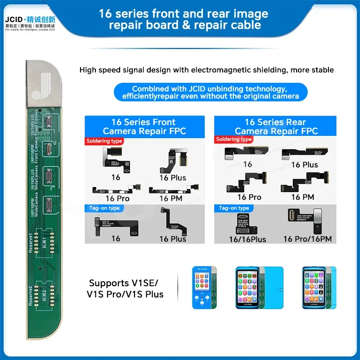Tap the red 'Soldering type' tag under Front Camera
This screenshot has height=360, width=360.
pos(104,141)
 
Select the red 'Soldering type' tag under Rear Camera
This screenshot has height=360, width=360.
pos(234,140)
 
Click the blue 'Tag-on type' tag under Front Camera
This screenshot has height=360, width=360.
pos(103,208)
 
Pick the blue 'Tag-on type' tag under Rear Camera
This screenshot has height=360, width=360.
pos(234,208)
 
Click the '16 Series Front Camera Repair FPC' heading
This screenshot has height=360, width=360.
pos(144,126)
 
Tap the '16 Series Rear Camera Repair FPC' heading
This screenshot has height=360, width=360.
pos(275,126)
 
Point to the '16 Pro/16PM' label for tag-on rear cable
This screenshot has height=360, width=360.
pos(307,239)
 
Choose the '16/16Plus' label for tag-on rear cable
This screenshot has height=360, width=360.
pos(247,239)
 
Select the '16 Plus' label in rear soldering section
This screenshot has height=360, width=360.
pos(304,165)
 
